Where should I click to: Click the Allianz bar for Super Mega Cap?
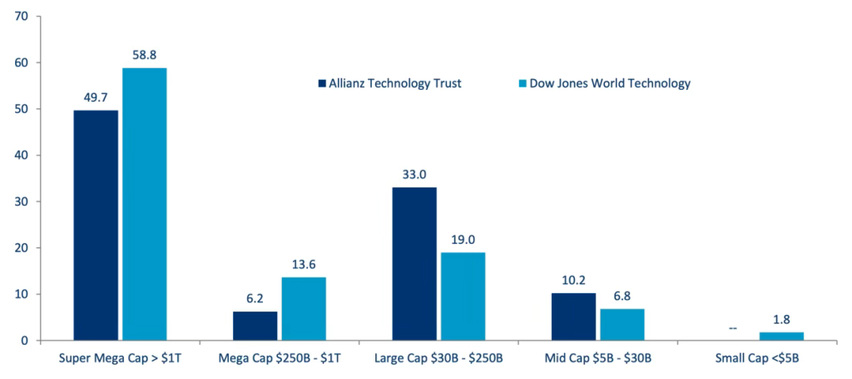pos(96,225)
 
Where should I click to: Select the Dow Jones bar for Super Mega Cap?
pos(144,204)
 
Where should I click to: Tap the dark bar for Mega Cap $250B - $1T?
pos(255,326)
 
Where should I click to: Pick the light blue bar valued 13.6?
pos(303,309)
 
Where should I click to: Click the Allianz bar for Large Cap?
pos(414,263)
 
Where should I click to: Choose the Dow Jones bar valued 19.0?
pos(463,296)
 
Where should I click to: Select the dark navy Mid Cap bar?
pos(573,317)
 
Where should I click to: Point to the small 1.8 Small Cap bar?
pos(781,337)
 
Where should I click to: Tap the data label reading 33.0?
pos(414,174)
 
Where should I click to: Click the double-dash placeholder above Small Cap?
pos(733,328)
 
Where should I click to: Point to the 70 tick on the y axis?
pos(22,17)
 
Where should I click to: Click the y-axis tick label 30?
pos(22,202)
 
